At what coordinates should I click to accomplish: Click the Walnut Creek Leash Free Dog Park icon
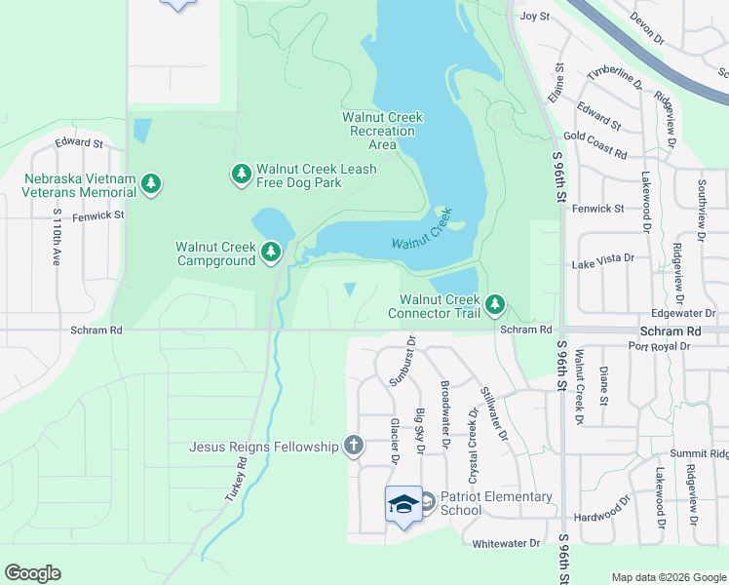(x=241, y=174)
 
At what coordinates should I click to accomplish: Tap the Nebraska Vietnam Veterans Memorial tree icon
(x=150, y=183)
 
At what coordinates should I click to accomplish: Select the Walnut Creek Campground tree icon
(x=271, y=253)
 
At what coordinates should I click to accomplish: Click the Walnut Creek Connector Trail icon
(x=496, y=305)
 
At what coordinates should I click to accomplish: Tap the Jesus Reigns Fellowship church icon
(x=354, y=447)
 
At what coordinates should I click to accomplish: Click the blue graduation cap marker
(x=403, y=504)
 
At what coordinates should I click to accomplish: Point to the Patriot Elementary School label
(x=495, y=503)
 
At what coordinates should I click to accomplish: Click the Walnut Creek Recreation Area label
(x=382, y=131)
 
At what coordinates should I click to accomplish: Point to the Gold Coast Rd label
(x=594, y=144)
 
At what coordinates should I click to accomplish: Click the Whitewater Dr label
(x=505, y=543)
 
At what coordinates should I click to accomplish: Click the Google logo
(x=32, y=573)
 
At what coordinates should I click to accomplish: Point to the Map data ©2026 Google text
(x=669, y=577)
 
